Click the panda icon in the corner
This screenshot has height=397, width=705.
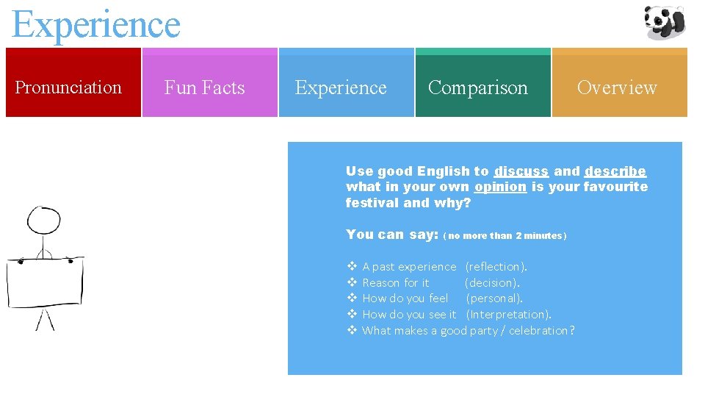coord(664,21)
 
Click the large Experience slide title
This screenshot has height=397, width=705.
coord(96,24)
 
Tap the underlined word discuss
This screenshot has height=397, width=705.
coord(521,171)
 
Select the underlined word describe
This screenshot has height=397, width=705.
coord(615,171)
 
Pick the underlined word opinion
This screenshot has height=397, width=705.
coord(500,187)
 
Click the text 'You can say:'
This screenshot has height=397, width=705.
coord(391,235)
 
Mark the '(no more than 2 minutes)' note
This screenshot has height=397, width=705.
coord(505,236)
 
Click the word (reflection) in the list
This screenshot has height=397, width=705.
coord(496,267)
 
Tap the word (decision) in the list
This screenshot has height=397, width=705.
coord(492,282)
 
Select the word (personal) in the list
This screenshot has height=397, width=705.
coord(493,298)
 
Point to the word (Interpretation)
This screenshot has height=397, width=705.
coord(508,315)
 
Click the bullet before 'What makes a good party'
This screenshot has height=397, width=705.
coord(351,331)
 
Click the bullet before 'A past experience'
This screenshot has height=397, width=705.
coord(351,267)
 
